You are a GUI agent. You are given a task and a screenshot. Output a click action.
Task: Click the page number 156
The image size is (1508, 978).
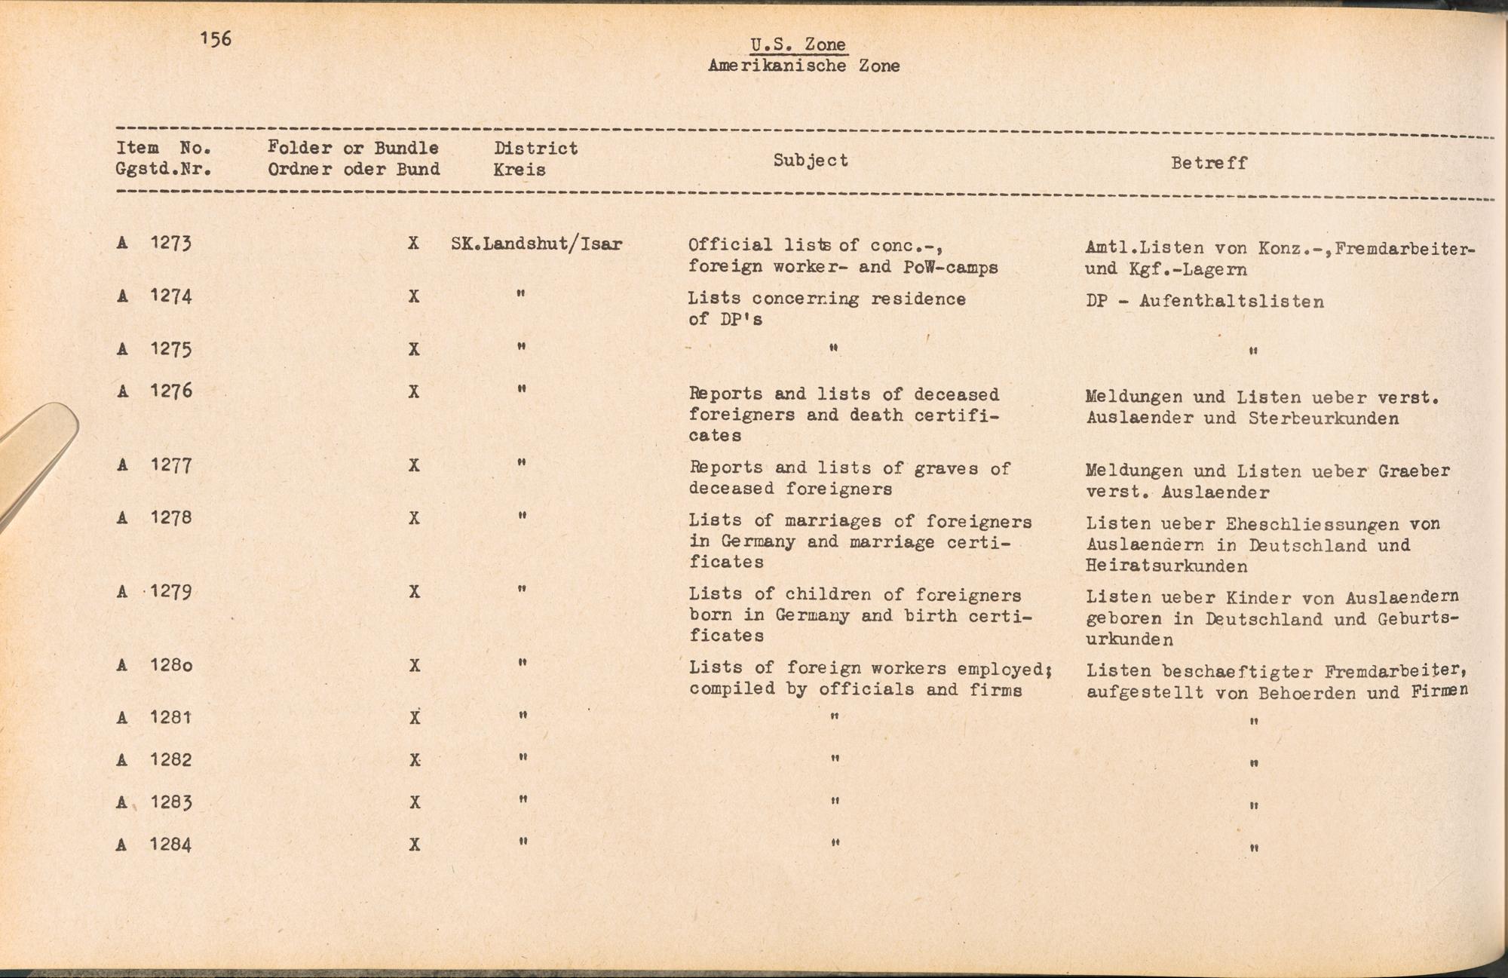pos(216,38)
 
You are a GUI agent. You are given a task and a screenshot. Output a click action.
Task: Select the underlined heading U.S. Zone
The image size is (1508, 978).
pos(798,44)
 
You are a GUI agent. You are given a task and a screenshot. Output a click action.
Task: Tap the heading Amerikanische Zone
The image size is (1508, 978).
pos(804,66)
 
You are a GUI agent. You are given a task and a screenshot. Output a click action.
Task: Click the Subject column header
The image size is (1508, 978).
pos(811,160)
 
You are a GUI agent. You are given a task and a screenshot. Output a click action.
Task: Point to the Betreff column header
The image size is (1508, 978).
pos(1209,163)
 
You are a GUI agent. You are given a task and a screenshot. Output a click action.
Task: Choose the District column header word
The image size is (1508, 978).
pos(535,149)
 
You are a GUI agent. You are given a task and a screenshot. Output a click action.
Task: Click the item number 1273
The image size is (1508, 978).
pos(171,243)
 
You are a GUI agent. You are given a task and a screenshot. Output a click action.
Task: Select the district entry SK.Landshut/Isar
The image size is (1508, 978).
pos(536,244)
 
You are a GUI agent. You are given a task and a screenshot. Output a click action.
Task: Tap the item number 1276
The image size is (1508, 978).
pos(171,391)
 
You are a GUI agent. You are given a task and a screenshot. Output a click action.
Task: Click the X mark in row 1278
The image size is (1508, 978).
pos(413,518)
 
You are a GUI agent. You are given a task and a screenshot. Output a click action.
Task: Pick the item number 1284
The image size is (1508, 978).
pos(170,845)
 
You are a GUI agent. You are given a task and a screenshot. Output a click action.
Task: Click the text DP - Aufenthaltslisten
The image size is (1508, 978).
pos(1205,302)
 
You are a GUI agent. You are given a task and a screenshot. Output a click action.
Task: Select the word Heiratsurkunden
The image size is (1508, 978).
pos(1166,566)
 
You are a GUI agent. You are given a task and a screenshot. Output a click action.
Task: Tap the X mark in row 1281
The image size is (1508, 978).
pos(414,718)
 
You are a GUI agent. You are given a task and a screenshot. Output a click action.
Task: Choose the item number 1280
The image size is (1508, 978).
pos(171,666)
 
